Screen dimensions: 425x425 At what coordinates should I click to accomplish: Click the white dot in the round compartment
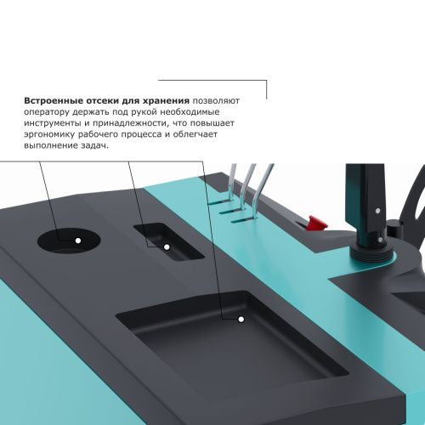77,241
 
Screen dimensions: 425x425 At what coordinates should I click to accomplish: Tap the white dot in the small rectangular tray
167,246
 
